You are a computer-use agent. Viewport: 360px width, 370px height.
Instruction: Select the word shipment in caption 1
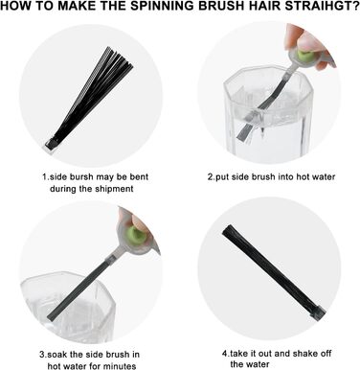114,189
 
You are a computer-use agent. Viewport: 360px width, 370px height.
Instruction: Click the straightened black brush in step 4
274,270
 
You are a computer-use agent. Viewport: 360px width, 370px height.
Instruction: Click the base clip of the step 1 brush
51,146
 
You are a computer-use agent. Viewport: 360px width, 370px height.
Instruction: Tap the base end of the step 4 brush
319,311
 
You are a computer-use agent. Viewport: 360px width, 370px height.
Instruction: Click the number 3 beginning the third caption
42,355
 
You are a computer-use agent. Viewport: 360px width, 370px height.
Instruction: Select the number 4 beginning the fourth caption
224,354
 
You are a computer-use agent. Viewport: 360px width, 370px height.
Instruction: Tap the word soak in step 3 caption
57,355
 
